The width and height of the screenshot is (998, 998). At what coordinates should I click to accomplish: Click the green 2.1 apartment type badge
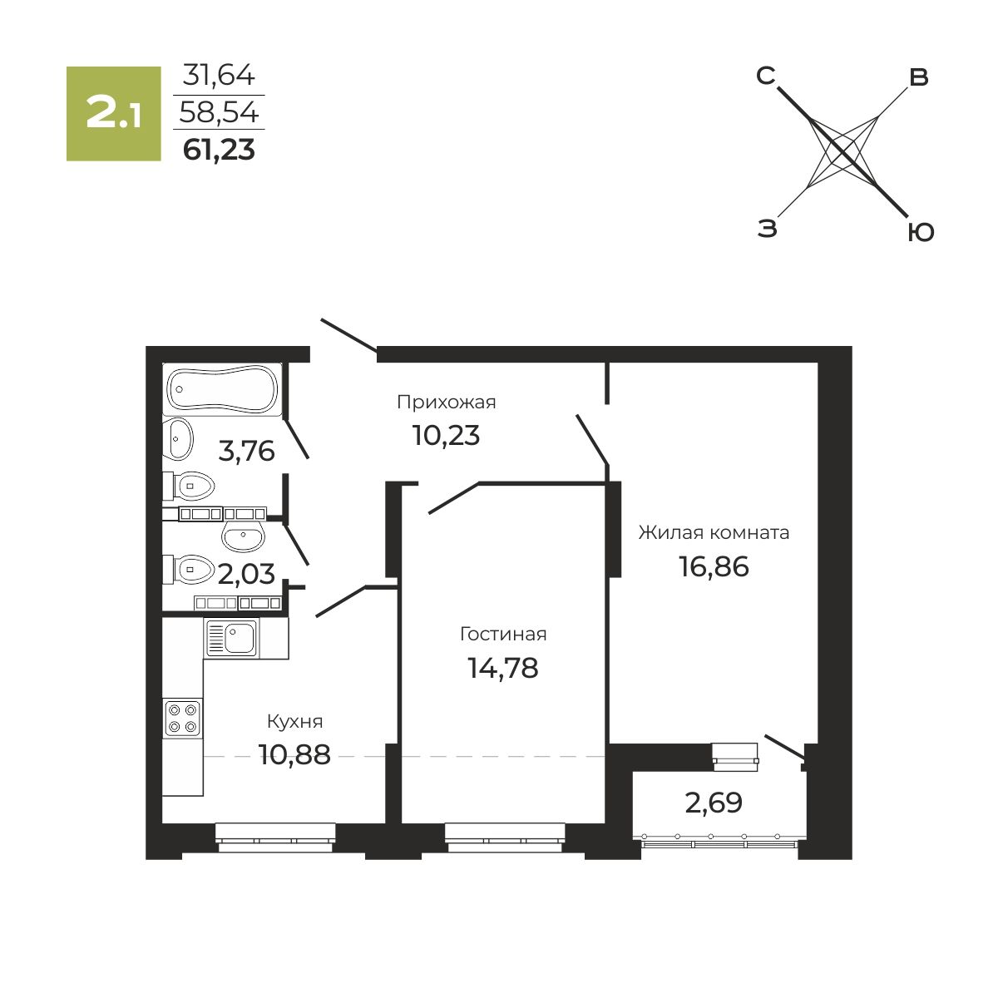[113, 113]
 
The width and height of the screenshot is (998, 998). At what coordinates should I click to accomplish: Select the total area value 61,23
[219, 151]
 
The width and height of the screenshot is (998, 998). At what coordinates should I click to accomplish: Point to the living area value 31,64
[219, 75]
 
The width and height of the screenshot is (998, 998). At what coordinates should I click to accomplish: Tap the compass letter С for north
[765, 76]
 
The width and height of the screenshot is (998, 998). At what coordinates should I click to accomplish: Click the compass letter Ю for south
[921, 233]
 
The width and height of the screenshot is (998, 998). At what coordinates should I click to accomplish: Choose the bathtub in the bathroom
[222, 389]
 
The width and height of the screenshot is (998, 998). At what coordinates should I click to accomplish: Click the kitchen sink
[232, 638]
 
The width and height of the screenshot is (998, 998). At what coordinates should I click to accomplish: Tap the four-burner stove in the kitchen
[182, 718]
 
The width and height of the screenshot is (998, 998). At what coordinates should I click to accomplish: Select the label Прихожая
[447, 403]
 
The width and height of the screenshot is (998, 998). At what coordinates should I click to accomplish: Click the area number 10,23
[446, 435]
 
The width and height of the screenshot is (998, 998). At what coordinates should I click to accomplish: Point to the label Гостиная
[503, 634]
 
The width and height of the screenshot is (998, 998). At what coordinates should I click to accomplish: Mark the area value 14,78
[503, 668]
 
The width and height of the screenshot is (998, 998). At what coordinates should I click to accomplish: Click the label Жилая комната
[714, 532]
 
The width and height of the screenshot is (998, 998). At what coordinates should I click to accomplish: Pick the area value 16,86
[714, 566]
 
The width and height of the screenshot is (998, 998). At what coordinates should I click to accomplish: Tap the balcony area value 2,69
[714, 803]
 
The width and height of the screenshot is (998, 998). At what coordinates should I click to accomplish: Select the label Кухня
[294, 721]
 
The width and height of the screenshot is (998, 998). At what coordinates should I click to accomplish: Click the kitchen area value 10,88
[294, 755]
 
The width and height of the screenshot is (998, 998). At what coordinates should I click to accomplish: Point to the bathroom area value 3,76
[246, 451]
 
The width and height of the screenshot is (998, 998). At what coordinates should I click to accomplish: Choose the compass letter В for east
[919, 77]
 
